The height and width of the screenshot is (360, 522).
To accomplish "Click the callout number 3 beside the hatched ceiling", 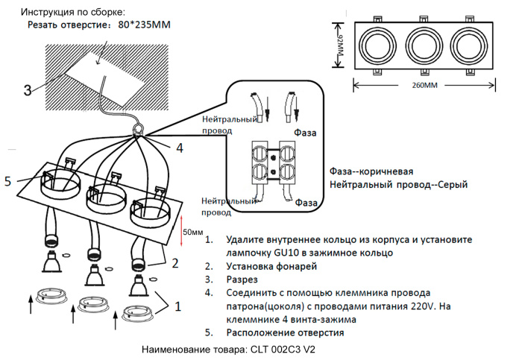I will point(27,90).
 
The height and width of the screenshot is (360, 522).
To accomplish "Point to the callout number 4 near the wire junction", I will point(179,148).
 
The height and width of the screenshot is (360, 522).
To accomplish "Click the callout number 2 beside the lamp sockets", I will point(175,262).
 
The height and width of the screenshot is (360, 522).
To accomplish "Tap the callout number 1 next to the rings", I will point(177,305).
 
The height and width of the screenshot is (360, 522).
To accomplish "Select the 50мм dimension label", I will point(193,233).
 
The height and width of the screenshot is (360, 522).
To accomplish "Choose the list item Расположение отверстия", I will point(285,332).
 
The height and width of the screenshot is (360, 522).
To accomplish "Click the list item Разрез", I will point(242,280).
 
